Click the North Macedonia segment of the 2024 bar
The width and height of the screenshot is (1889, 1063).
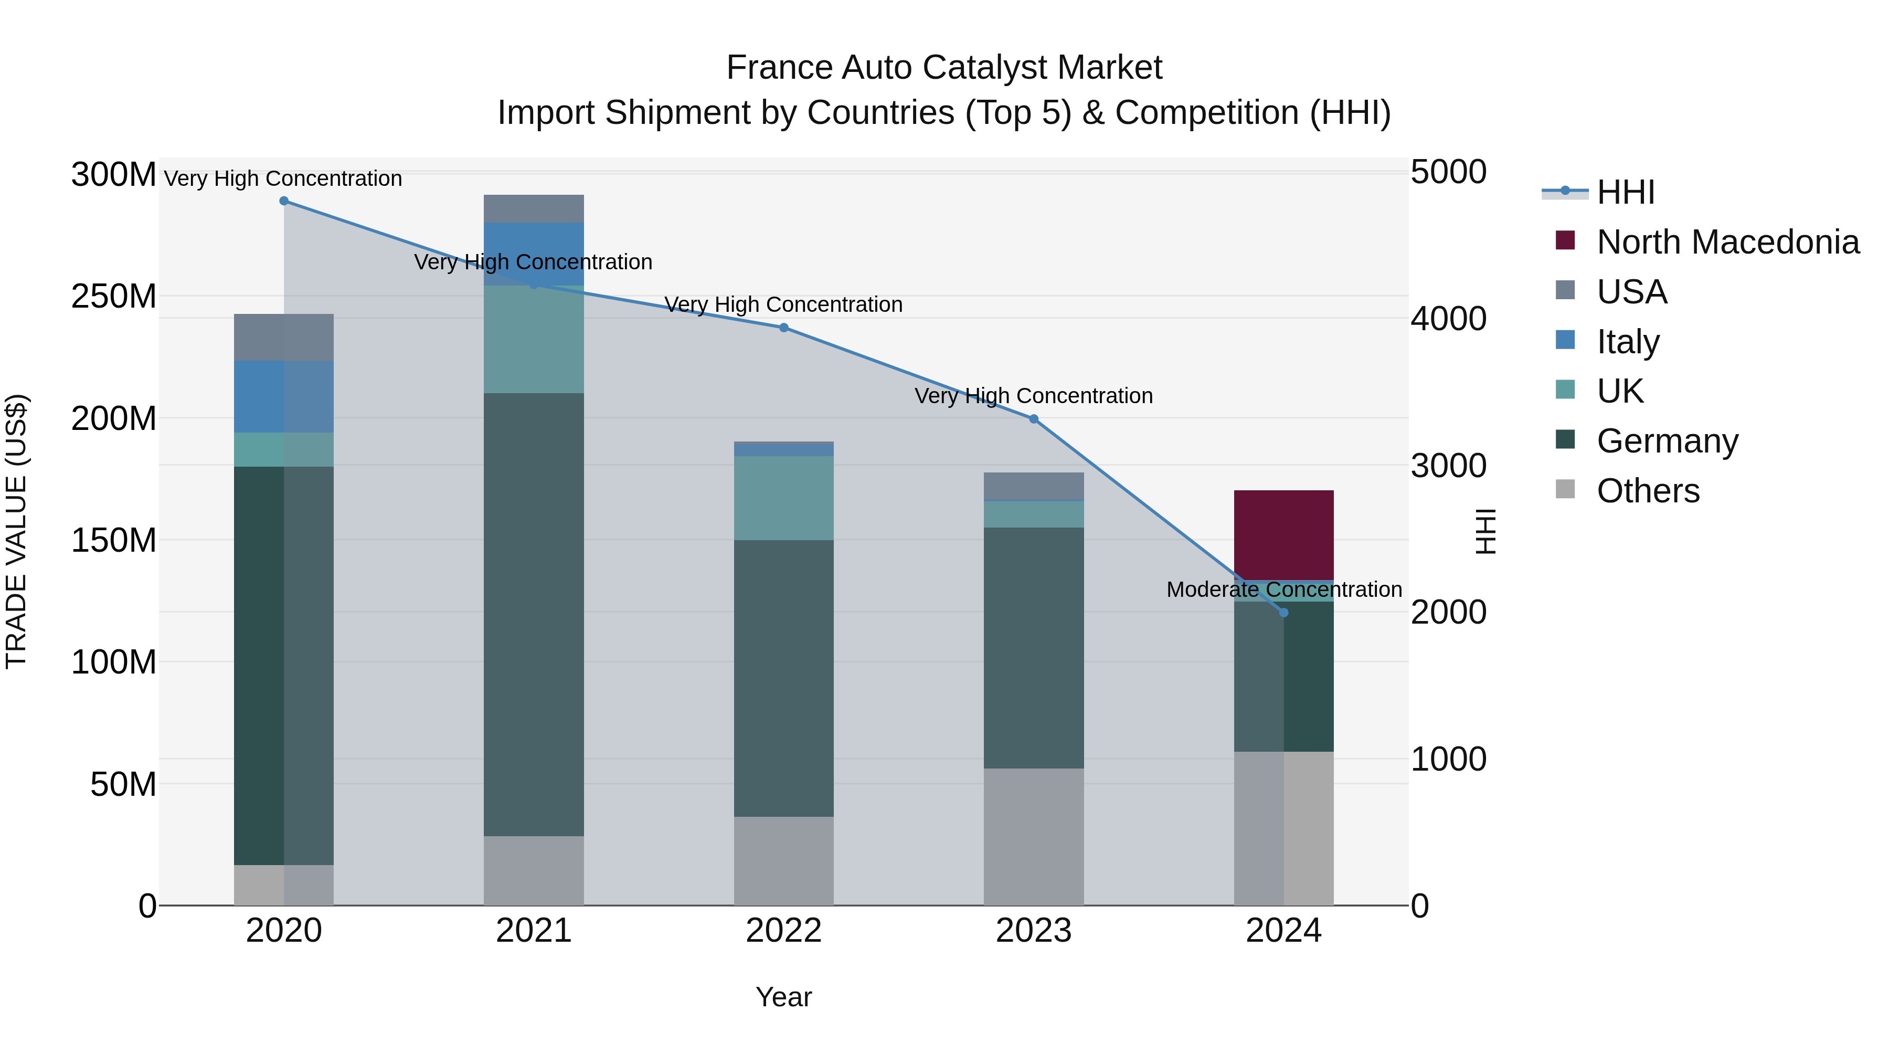(1283, 534)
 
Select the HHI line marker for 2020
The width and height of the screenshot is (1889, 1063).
(284, 201)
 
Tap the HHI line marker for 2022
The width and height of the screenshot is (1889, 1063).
(784, 328)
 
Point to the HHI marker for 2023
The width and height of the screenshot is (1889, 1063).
(1033, 419)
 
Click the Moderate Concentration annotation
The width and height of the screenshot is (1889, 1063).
(1283, 589)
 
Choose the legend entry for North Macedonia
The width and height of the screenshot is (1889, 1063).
(1727, 242)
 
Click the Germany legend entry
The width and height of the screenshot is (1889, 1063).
(1667, 441)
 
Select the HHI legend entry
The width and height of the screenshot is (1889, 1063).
(1625, 192)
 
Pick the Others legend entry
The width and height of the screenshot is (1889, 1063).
(1647, 491)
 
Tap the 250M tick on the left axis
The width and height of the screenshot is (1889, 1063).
(114, 297)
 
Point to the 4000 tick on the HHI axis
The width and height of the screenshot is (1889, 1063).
(1448, 319)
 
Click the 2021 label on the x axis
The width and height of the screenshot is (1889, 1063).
(534, 931)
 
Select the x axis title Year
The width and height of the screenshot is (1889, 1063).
(783, 997)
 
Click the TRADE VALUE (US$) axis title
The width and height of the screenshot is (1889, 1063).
(16, 531)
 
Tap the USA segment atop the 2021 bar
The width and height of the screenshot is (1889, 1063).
(534, 208)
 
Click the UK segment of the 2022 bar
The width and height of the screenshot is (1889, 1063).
(784, 498)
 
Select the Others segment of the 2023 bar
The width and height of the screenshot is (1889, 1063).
(1033, 836)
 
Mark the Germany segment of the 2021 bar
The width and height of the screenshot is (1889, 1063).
(534, 614)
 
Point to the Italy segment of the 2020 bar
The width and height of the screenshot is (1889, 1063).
(284, 396)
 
